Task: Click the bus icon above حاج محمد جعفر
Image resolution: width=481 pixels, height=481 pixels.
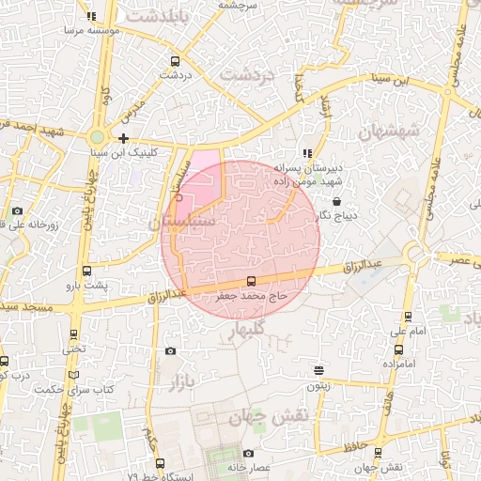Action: point(250,280)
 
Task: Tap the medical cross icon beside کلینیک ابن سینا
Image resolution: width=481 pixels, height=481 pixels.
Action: point(123,138)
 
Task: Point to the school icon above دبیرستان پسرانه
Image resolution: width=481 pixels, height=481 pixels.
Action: point(306,153)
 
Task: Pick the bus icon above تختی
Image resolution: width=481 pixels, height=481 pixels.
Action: point(74,334)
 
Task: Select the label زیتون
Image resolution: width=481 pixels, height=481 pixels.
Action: point(319,385)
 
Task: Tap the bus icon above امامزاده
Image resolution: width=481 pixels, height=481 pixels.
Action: point(399,349)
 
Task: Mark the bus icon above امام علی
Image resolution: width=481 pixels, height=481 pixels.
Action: point(407,317)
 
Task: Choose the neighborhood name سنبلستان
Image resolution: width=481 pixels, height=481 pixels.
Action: point(181,222)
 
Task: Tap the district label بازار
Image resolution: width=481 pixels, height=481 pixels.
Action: point(182,382)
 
